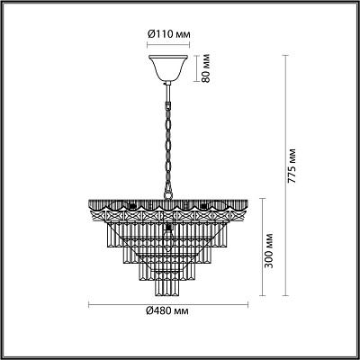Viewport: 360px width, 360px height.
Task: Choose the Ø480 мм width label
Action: tap(167, 310)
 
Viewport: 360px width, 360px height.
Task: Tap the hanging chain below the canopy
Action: tap(167, 135)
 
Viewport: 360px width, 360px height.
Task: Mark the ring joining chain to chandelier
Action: tap(167, 192)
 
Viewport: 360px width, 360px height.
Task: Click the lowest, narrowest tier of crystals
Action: tap(167, 286)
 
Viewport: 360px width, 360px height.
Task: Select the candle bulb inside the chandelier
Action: tap(167, 234)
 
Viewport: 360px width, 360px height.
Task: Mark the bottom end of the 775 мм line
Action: tap(285, 295)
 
